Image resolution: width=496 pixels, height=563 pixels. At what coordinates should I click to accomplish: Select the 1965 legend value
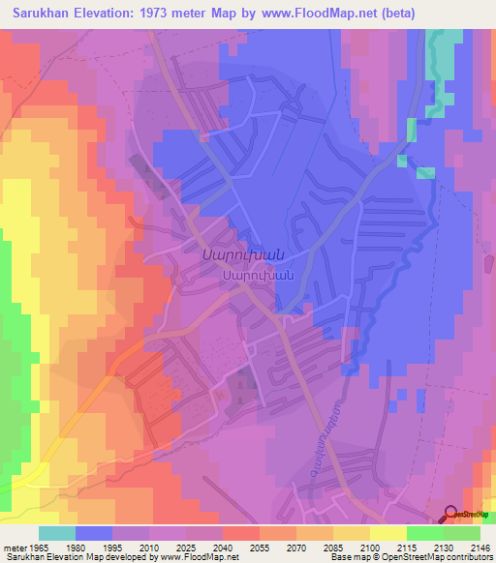[x=39, y=547]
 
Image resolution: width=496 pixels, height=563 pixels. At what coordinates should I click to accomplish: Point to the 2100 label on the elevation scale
[x=370, y=547]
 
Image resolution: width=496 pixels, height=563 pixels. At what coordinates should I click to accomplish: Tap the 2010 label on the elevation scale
[x=149, y=547]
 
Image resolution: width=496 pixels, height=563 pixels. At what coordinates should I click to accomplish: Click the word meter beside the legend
[x=14, y=547]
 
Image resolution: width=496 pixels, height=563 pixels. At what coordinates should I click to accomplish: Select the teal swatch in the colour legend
[x=57, y=533]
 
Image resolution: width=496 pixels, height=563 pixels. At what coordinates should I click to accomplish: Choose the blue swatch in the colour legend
[x=94, y=533]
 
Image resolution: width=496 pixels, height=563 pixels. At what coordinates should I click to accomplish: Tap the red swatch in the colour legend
[x=241, y=533]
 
